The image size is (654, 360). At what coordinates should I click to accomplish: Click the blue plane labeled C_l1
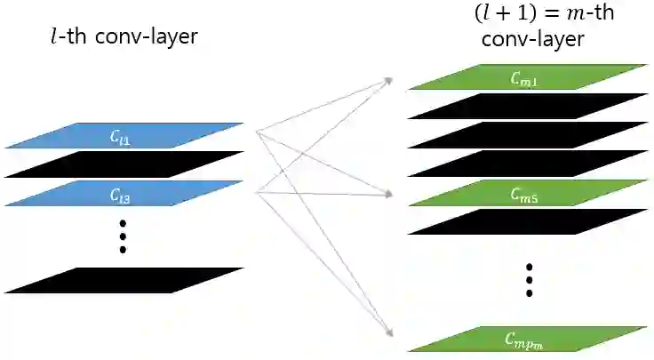point(124,135)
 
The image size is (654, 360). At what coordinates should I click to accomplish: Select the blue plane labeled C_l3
point(124,193)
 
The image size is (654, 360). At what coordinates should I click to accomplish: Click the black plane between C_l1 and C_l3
point(124,164)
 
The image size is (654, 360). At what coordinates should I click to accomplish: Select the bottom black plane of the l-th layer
point(124,280)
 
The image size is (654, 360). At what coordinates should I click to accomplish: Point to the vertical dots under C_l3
point(124,235)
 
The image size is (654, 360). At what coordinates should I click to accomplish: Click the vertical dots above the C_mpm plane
point(530,279)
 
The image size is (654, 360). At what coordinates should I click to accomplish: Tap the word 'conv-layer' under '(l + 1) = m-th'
point(533,40)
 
